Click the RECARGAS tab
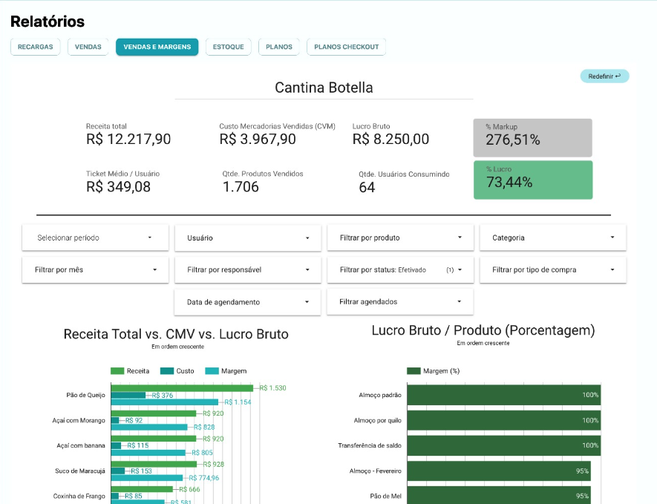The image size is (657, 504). (36, 47)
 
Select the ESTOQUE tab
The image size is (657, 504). (228, 47)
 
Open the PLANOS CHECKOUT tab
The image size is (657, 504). (346, 47)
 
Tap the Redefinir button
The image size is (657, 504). (604, 76)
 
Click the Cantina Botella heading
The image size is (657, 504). (324, 88)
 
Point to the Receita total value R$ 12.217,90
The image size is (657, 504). (128, 139)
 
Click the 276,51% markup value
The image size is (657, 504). (513, 140)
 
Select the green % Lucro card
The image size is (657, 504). (532, 180)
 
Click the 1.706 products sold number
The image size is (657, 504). (241, 187)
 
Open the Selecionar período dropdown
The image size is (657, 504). (95, 238)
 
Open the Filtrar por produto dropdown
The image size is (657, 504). (400, 238)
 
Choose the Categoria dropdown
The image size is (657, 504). (552, 238)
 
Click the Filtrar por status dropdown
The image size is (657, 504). (400, 270)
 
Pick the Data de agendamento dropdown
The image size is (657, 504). (247, 302)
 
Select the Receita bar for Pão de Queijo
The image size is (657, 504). (182, 387)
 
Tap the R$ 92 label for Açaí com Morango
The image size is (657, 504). (134, 420)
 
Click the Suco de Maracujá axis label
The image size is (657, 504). (81, 471)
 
